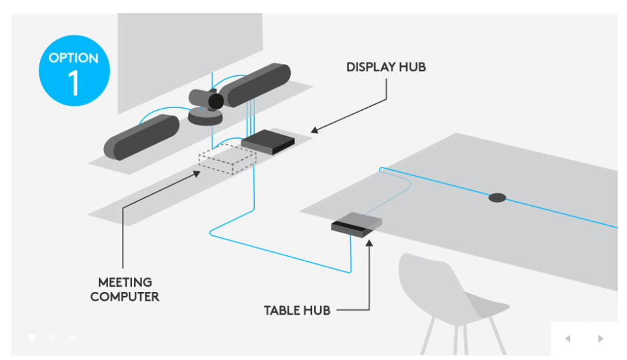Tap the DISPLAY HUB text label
386,67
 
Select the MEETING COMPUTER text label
125,289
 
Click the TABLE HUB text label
297,310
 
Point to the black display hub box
268,142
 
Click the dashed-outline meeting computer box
227,160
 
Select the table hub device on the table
357,225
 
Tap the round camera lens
215,101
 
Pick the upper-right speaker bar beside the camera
256,85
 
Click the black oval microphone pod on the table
497,197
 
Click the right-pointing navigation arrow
600,339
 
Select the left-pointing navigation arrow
568,339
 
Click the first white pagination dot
31,337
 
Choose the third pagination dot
73,337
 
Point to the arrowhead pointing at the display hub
314,129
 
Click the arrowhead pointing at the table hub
369,239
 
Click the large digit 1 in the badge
73,83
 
